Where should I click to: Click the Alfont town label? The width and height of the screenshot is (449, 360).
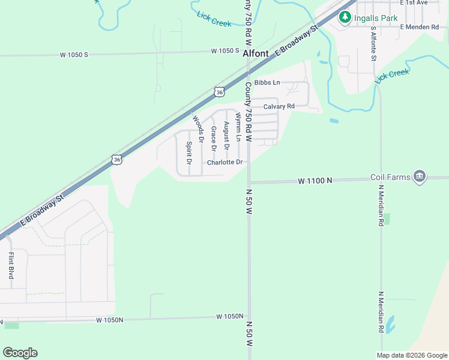[255, 53]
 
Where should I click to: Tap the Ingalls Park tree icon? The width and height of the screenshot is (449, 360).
[345, 17]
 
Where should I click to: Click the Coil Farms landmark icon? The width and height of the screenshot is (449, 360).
[420, 176]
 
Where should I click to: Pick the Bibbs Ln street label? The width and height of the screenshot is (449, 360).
[267, 82]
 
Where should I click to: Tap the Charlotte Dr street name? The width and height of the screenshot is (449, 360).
[225, 163]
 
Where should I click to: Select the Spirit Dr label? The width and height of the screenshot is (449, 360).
[188, 152]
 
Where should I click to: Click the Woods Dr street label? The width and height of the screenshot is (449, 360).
[198, 127]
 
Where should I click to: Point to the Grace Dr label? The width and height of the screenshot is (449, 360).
[213, 137]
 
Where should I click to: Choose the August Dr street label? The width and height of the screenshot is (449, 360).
[226, 135]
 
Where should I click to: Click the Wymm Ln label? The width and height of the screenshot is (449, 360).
[238, 127]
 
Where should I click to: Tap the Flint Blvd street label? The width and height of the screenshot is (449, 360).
[11, 265]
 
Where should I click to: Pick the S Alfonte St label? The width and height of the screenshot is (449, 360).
[373, 43]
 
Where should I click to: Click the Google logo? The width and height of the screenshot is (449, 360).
[20, 353]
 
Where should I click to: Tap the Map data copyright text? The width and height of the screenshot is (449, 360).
[411, 355]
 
